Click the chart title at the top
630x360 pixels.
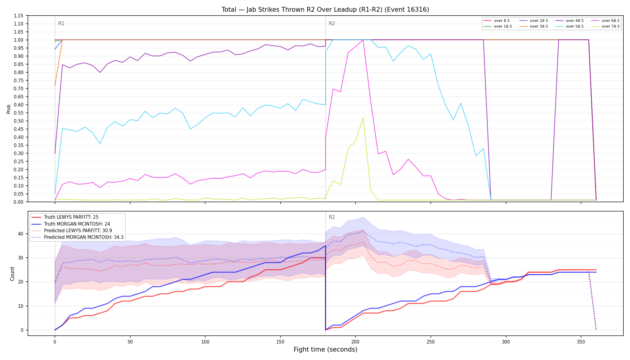(x=325, y=10)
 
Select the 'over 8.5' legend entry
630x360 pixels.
(x=496, y=21)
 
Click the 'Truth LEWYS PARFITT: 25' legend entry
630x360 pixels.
(x=65, y=217)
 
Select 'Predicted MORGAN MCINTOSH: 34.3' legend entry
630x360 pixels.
(x=77, y=237)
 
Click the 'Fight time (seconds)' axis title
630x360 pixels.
(x=325, y=349)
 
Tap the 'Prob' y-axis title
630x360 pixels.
(x=9, y=109)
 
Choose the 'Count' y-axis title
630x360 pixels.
(x=12, y=274)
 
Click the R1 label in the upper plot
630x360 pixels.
(x=61, y=23)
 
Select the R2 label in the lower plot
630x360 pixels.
(x=332, y=217)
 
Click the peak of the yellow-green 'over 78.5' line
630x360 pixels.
(x=363, y=118)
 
